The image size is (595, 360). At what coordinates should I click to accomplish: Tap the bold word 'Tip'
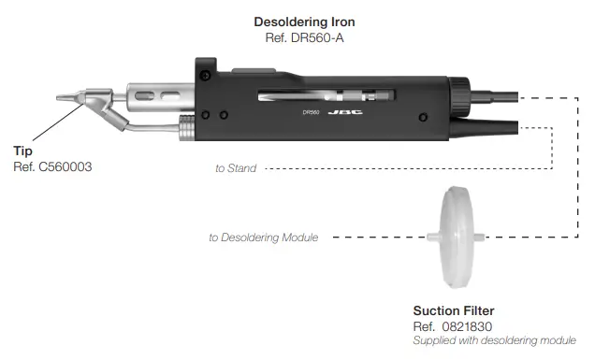(23, 150)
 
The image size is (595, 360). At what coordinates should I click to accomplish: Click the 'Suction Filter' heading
(454, 310)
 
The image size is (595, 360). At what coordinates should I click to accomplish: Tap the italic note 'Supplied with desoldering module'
(494, 340)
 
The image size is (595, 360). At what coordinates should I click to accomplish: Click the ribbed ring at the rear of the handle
(459, 94)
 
